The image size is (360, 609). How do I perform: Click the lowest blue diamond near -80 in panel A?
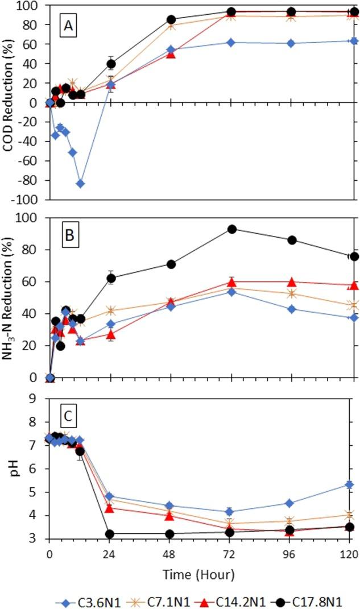(81, 184)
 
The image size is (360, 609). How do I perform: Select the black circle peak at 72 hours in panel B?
(231, 229)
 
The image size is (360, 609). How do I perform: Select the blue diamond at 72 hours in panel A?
(231, 42)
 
